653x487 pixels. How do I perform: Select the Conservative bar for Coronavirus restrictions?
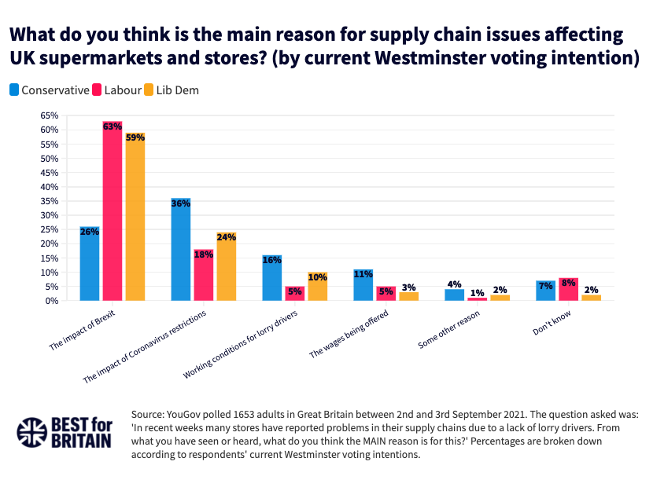tap(181, 249)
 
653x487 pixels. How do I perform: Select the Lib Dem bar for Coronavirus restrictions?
tap(227, 266)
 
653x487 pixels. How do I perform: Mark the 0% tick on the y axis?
tap(50, 301)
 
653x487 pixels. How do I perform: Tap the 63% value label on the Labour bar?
tap(113, 126)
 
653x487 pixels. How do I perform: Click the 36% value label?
tap(181, 203)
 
